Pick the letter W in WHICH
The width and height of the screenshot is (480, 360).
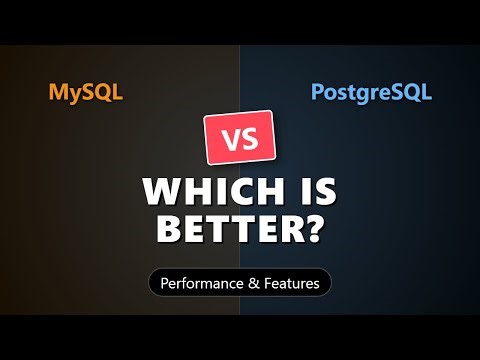(x=160, y=190)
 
